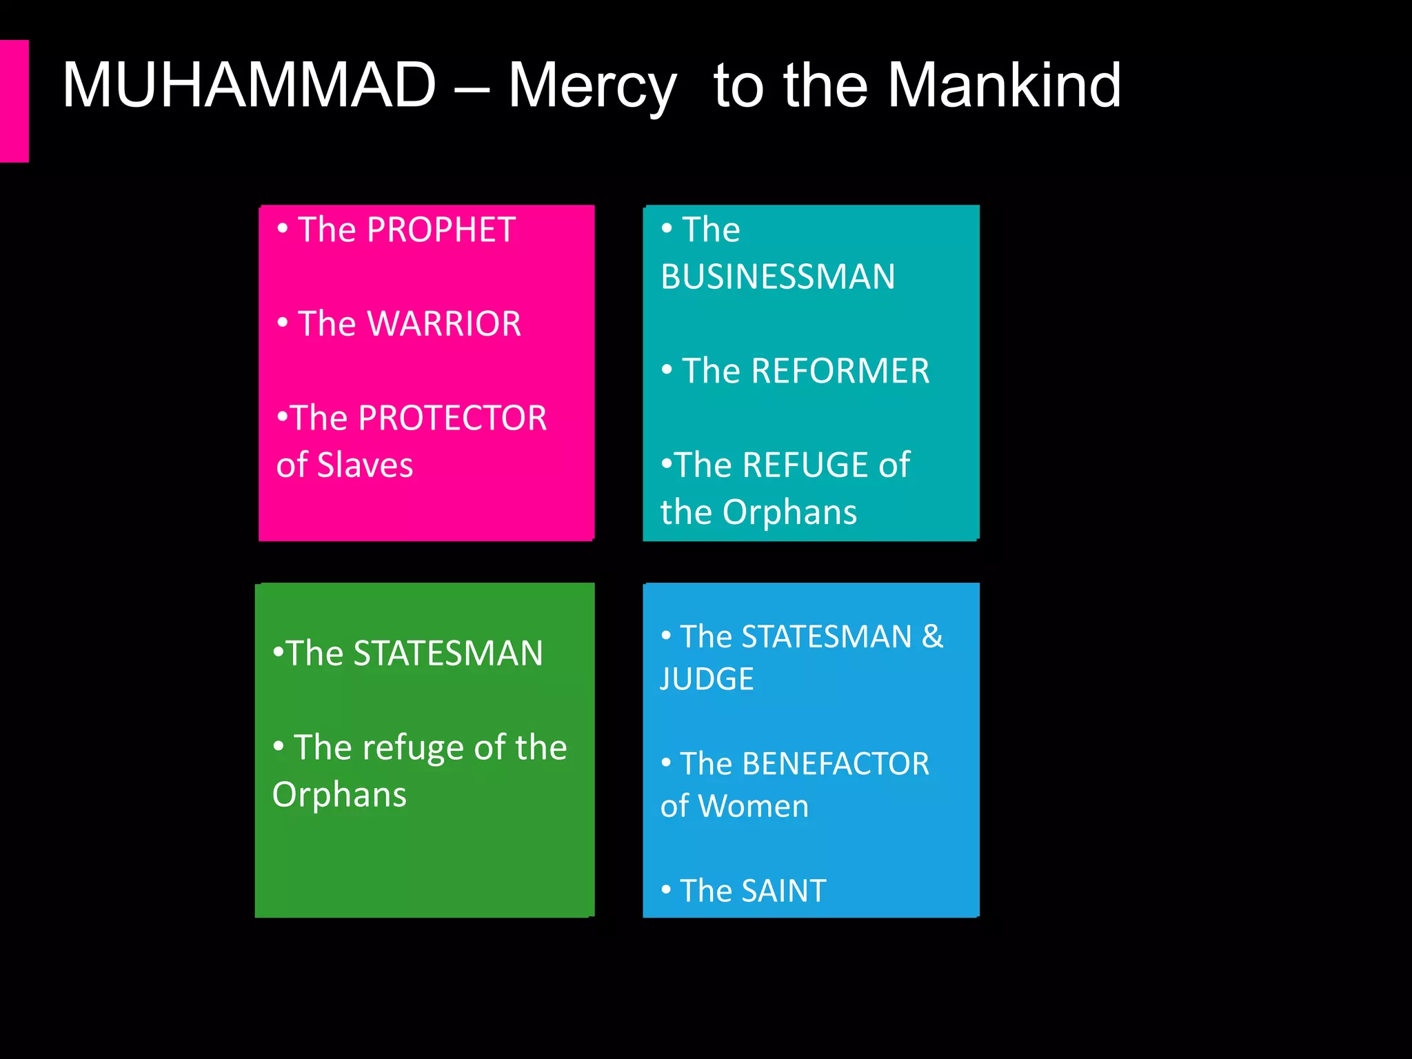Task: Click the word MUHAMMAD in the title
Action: (x=249, y=85)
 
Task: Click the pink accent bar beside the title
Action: (x=14, y=101)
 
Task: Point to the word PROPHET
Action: (x=441, y=230)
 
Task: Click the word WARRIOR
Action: (x=445, y=324)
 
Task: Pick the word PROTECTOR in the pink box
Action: (x=452, y=418)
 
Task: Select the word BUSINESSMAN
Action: (x=778, y=277)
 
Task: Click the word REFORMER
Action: (x=840, y=372)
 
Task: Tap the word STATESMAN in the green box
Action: (x=448, y=654)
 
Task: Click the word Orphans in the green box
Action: (x=339, y=795)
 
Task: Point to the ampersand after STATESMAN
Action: (x=932, y=636)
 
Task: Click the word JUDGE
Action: (x=707, y=679)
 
